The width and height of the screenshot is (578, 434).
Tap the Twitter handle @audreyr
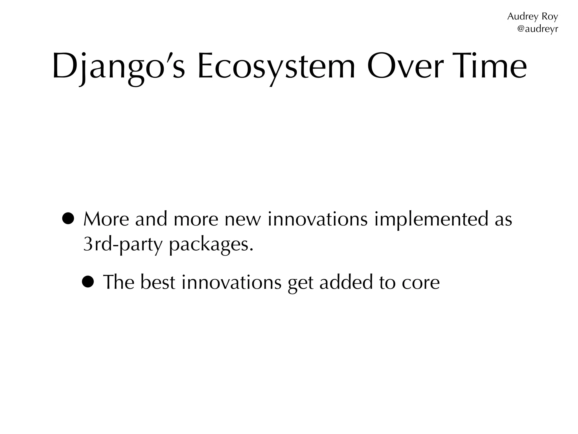537,29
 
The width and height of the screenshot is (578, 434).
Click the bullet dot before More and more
68,219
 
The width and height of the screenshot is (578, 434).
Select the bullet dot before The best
88,282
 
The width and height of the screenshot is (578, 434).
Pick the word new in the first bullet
242,220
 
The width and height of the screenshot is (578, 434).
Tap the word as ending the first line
503,220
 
